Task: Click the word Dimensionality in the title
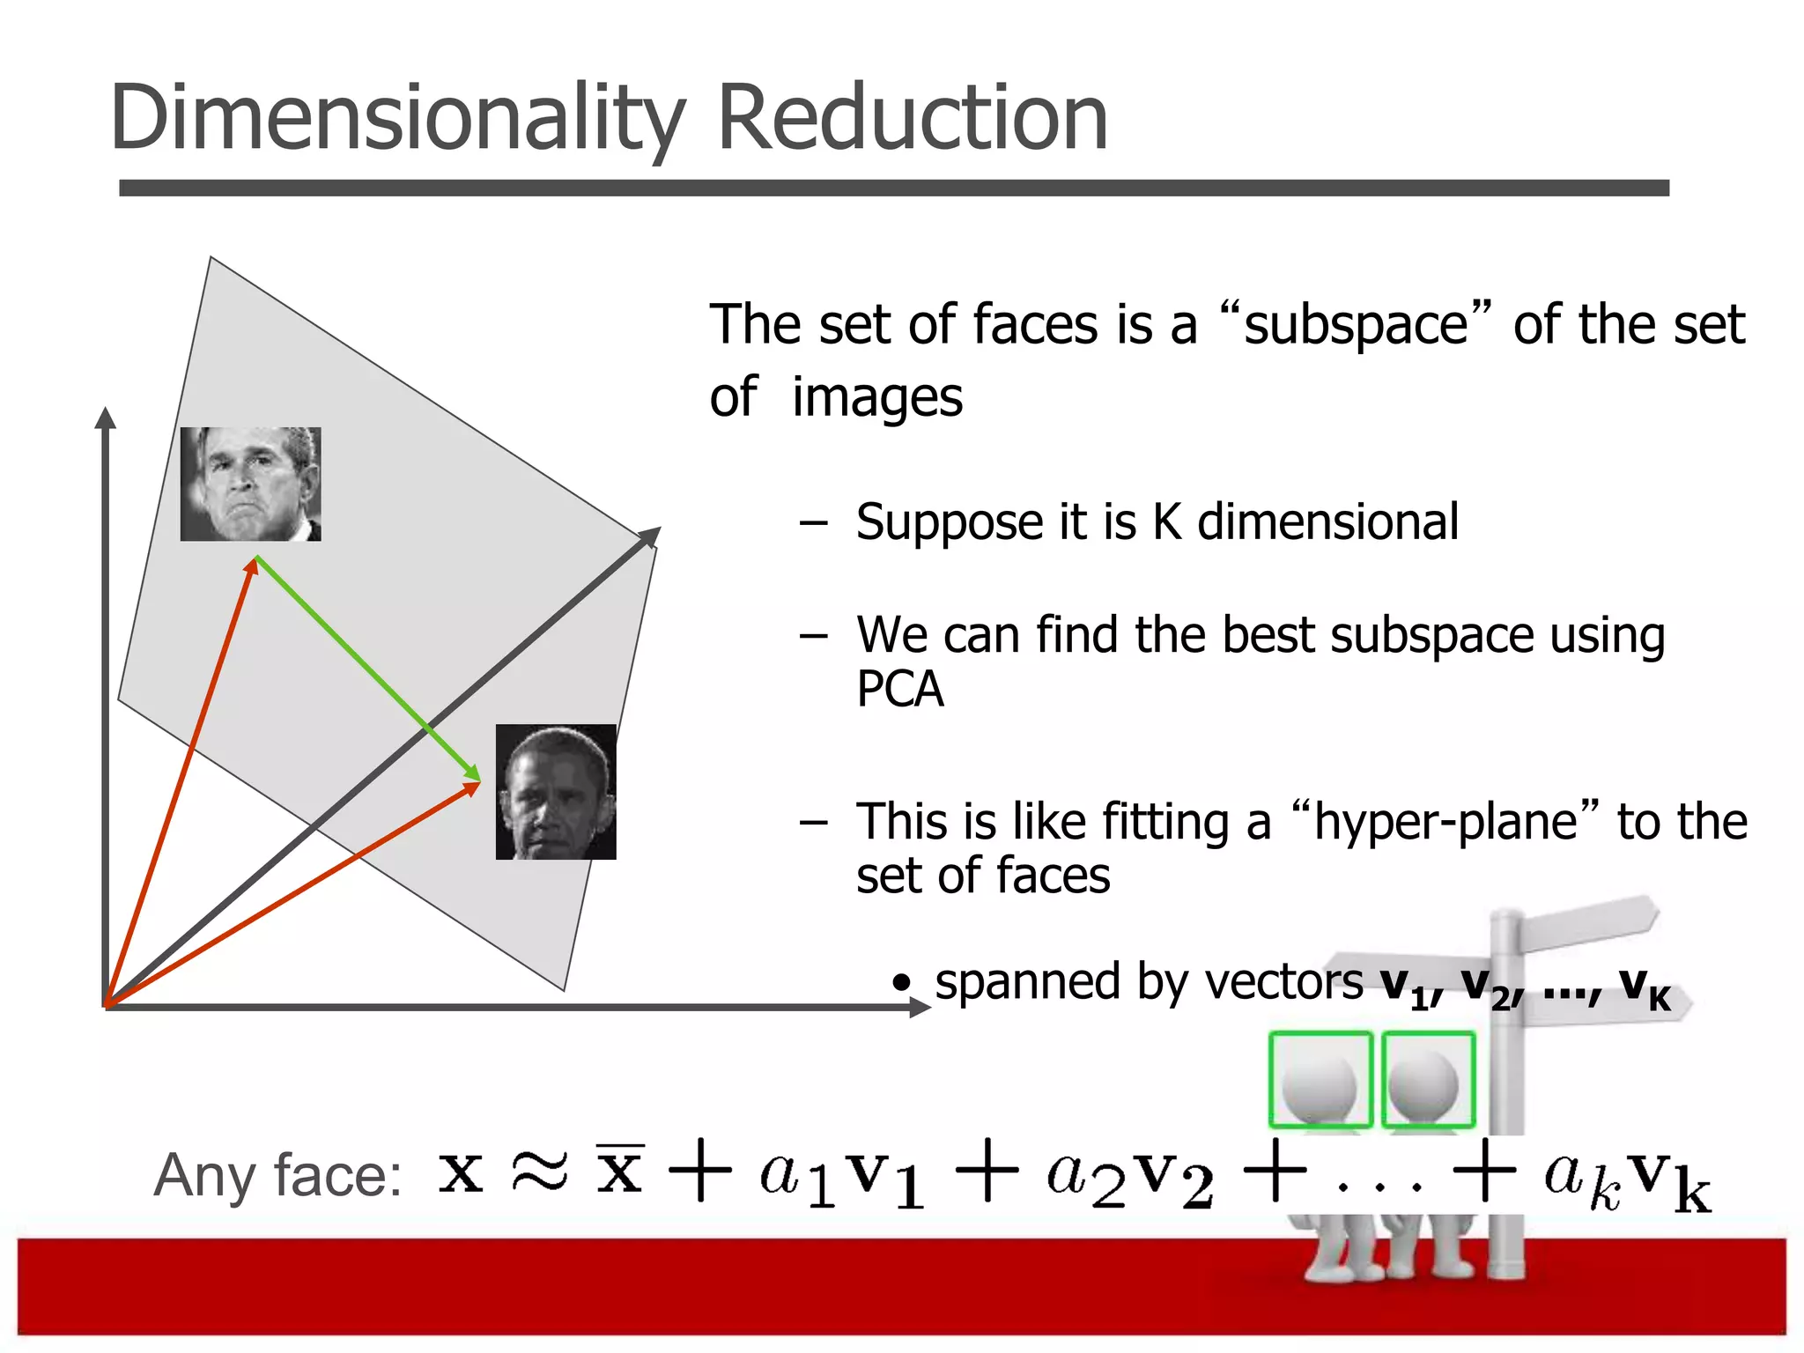coord(396,119)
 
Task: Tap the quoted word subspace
coord(1356,325)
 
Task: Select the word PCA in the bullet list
coord(899,689)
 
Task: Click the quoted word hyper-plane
coord(1445,822)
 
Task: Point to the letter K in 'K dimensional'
coord(1167,521)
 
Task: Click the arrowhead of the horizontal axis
coord(920,1007)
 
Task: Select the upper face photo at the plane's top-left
coord(250,484)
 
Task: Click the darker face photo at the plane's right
coord(556,791)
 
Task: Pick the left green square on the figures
coord(1320,1079)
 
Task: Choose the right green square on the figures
coord(1428,1079)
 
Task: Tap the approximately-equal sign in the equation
coord(540,1172)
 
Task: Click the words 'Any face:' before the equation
coord(277,1175)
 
